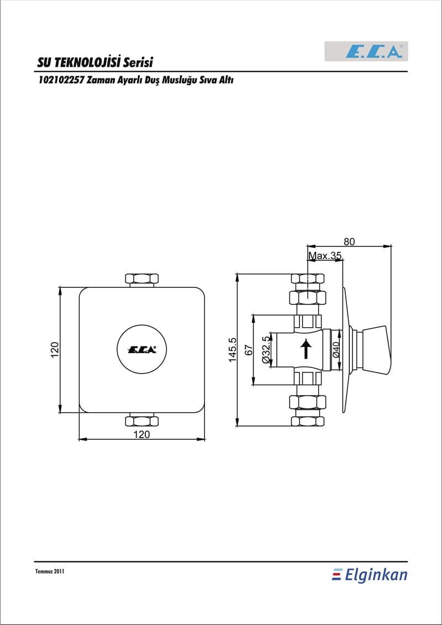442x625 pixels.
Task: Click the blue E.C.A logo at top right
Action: [374, 51]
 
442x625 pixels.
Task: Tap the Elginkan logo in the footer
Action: [370, 575]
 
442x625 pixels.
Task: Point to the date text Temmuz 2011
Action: [50, 571]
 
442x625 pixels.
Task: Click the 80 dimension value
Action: [350, 241]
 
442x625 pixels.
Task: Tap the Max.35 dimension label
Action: [325, 256]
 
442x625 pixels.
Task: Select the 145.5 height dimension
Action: [233, 350]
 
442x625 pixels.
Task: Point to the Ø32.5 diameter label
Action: [266, 349]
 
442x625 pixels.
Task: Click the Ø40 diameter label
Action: [335, 349]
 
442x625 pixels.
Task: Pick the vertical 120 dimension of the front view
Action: [55, 350]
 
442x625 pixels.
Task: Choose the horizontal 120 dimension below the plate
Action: [142, 434]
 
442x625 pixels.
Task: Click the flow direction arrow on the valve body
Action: [306, 349]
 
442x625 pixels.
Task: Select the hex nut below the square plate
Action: [142, 420]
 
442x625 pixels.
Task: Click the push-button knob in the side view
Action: [373, 350]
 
